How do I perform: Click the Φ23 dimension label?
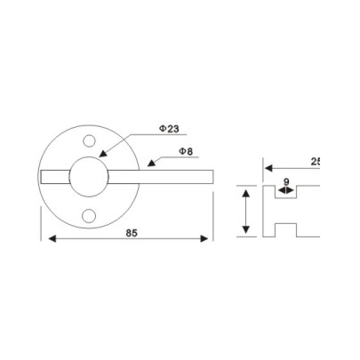(169, 129)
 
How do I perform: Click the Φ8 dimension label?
(187, 152)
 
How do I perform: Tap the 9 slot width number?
(285, 181)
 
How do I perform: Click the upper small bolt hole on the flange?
(90, 140)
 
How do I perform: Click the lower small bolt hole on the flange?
(90, 213)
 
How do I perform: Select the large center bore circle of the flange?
(90, 177)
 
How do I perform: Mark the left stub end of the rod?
(44, 177)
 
